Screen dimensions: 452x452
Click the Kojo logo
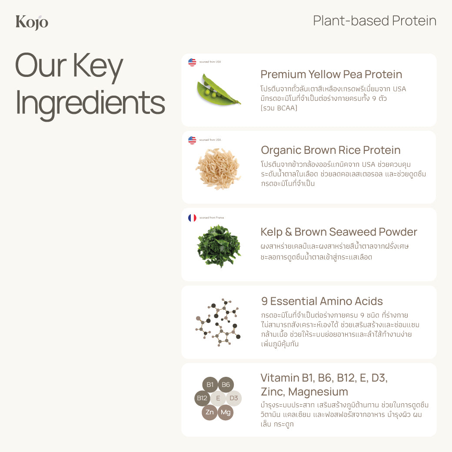coord(32,22)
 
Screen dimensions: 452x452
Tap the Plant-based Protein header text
coord(375,21)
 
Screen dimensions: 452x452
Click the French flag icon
coord(192,218)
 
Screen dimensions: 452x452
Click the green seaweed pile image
coord(219,246)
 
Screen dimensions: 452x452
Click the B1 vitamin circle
coord(210,385)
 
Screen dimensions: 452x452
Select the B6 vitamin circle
coord(226,385)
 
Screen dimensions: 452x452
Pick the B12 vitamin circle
coord(202,398)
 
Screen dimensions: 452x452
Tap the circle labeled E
coord(218,398)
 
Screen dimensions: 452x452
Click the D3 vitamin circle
coord(234,398)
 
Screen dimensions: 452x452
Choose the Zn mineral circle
coord(210,412)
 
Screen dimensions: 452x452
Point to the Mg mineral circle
coord(226,412)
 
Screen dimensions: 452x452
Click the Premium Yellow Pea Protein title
coord(331,74)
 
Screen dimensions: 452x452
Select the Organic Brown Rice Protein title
coord(330,150)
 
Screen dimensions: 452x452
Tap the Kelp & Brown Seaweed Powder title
coord(339,232)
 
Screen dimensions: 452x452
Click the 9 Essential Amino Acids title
coord(322,301)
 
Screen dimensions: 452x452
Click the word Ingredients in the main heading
coord(90,103)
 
